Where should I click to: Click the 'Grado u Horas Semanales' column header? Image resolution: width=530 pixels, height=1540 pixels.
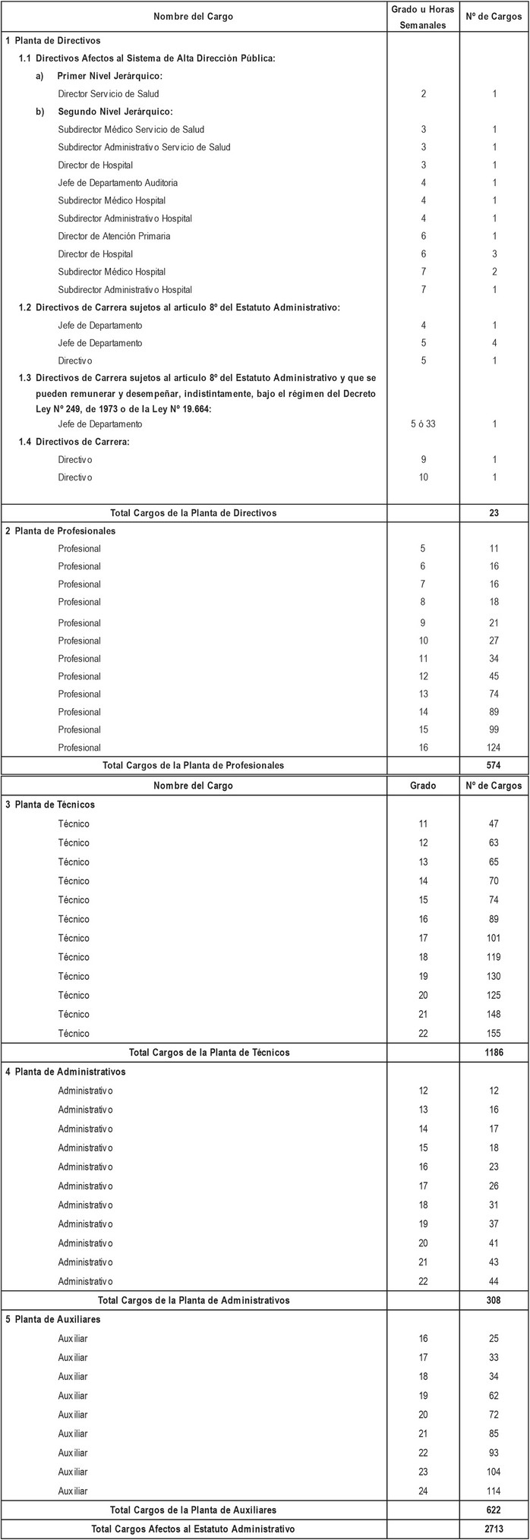coord(424,17)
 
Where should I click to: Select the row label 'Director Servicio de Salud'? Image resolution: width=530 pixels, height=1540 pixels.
coord(109,94)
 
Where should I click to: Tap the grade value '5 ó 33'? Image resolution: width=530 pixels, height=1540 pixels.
coord(423,424)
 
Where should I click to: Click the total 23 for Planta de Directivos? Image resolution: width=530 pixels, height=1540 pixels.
coord(494,513)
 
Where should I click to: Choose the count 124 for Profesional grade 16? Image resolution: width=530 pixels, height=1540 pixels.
coord(494,748)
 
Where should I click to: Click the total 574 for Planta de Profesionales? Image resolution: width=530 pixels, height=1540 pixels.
coord(494,765)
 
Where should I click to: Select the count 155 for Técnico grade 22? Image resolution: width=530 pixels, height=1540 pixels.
coord(494,1033)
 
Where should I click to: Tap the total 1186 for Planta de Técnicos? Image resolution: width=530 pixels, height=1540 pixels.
coord(494,1053)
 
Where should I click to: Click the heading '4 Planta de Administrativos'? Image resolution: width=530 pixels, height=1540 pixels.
coord(65,1072)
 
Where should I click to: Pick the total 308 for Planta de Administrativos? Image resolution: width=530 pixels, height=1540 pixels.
coord(494,1300)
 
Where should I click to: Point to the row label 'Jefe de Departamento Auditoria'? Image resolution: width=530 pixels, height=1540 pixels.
coord(118,183)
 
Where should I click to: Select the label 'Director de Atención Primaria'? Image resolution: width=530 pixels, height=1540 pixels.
coord(114,236)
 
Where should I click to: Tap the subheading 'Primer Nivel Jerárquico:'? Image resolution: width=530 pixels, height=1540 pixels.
coord(110,76)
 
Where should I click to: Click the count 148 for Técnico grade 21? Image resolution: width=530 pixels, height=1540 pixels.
coord(494,1014)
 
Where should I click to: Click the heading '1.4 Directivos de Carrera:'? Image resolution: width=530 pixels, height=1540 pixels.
coord(74,442)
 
